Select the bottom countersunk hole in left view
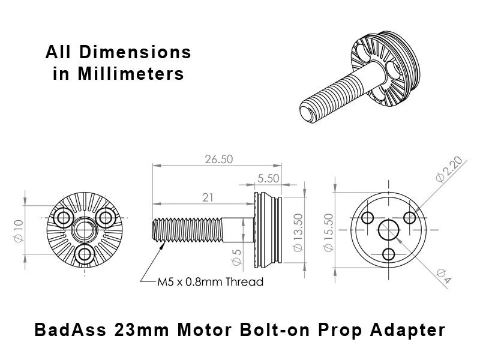pyautogui.click(x=85, y=253)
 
